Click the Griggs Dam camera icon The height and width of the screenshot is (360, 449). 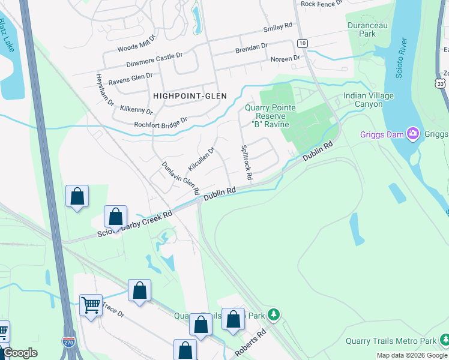(x=412, y=133)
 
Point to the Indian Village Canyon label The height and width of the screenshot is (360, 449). (x=369, y=100)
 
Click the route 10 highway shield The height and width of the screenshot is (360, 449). (x=302, y=43)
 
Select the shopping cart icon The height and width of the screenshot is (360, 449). (x=91, y=305)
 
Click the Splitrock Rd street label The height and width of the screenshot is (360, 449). (x=246, y=163)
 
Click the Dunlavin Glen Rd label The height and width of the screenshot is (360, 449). (x=181, y=178)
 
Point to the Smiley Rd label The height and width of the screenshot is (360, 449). (x=277, y=28)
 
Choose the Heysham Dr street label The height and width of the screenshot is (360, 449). (x=105, y=91)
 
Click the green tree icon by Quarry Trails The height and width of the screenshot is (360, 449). (x=274, y=314)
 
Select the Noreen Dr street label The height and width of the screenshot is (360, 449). (x=285, y=59)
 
